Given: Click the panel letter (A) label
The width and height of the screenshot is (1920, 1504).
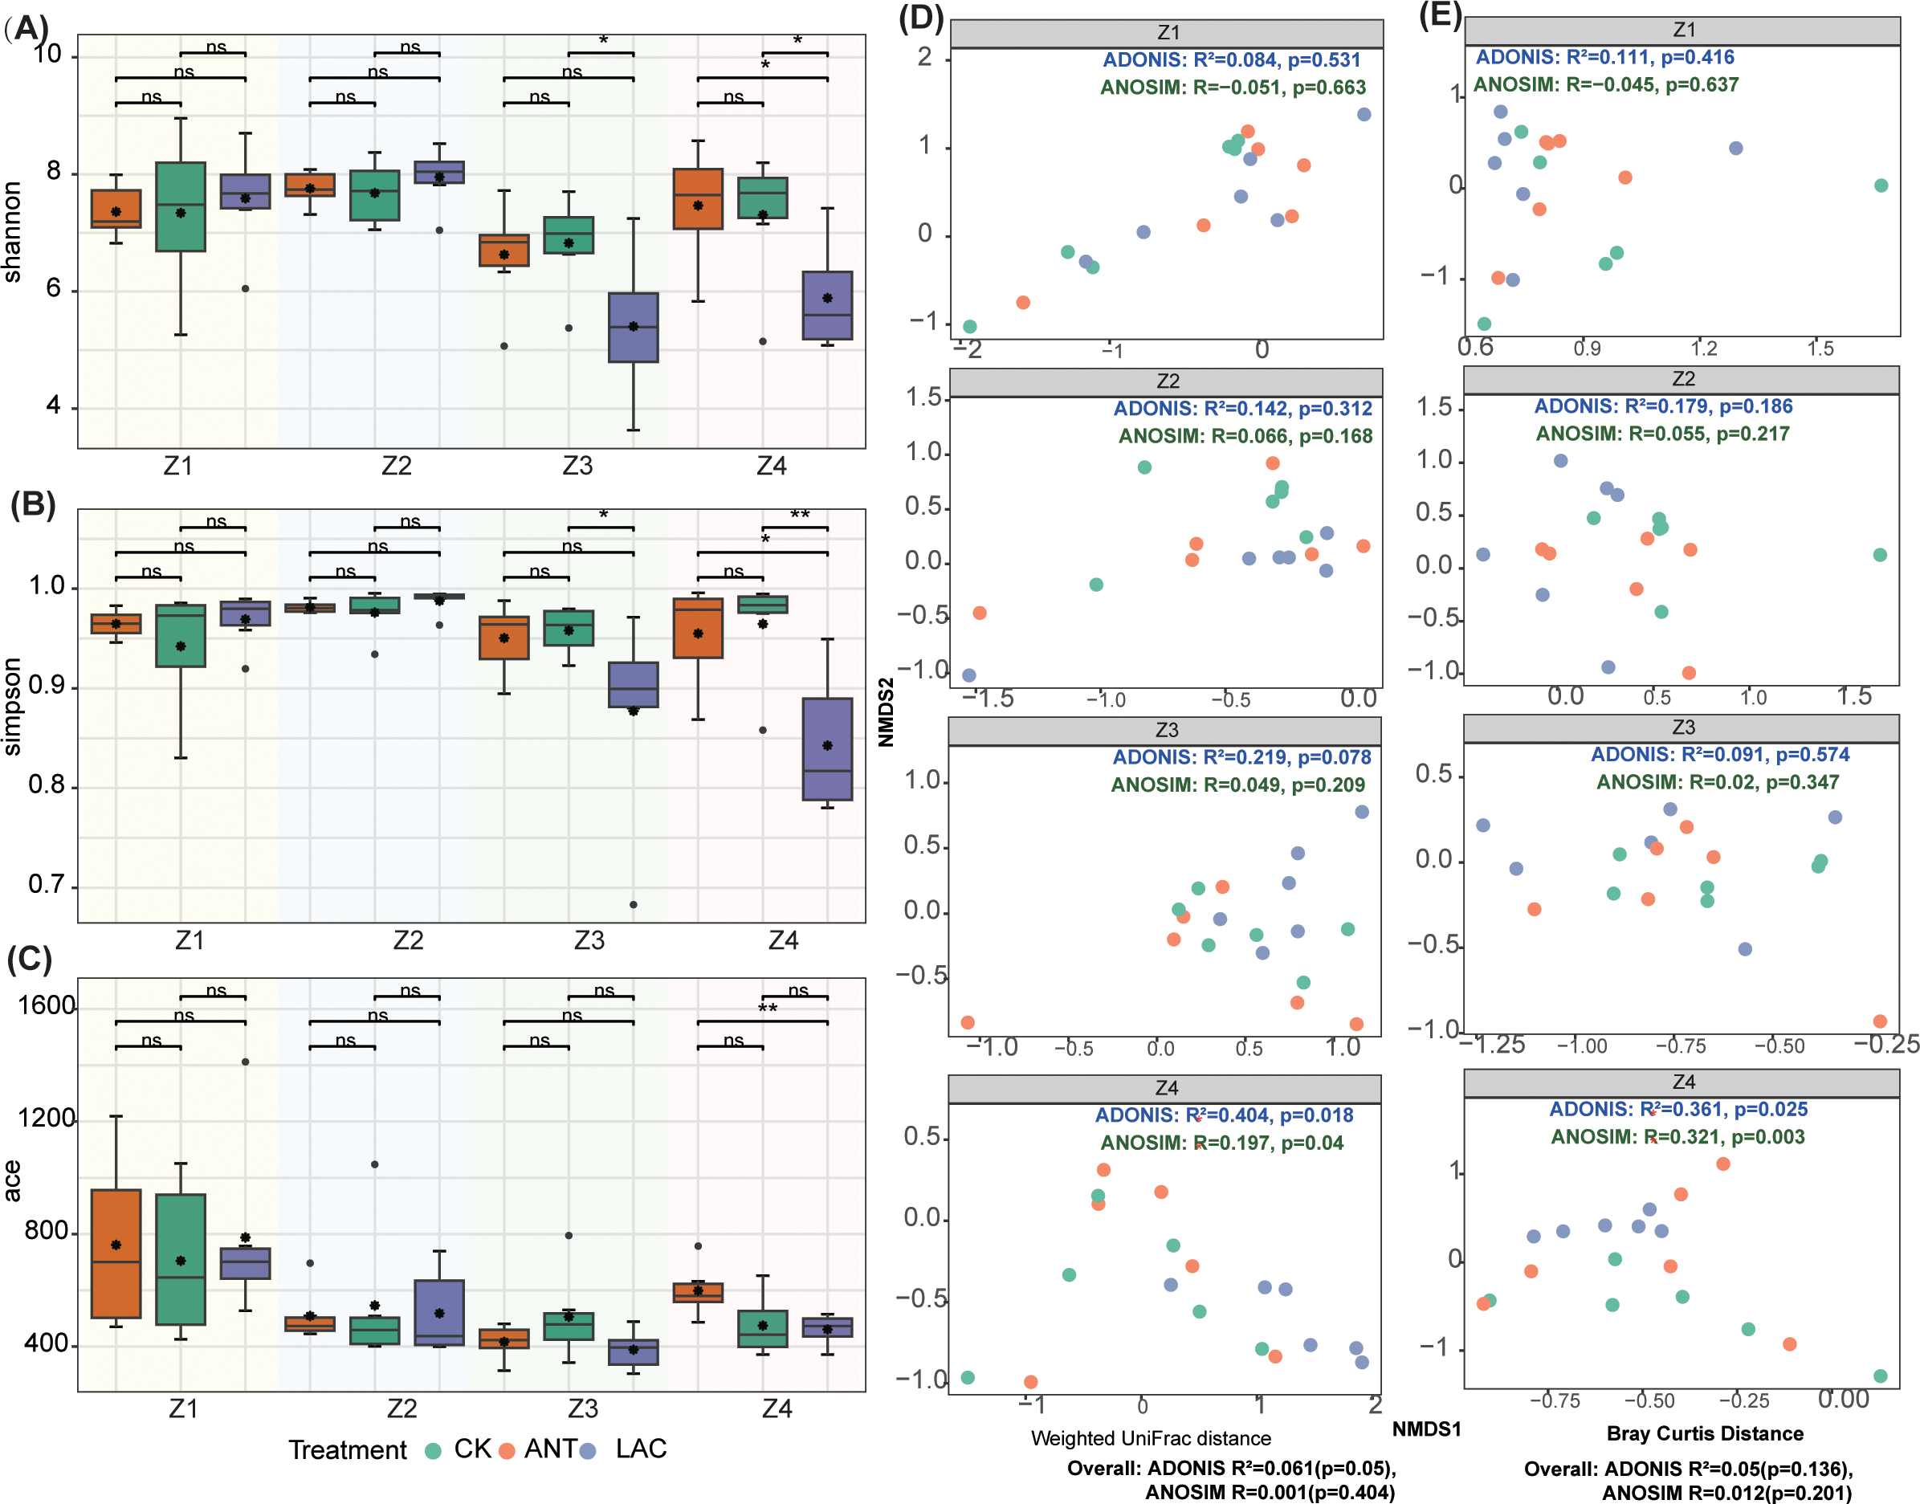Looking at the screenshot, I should (26, 28).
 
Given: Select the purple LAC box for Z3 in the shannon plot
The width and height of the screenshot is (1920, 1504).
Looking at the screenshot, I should (633, 328).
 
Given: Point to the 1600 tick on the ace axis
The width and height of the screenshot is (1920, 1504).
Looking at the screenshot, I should (46, 1005).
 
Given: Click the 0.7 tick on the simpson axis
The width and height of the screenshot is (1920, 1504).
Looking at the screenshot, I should (47, 884).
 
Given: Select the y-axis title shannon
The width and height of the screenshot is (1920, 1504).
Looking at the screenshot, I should (12, 231).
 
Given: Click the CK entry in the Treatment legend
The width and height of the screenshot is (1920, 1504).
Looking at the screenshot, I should (459, 1449).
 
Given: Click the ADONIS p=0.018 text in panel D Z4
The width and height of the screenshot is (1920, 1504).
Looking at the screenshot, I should (1316, 1115).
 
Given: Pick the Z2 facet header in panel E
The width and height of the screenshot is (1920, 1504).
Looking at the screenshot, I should (1682, 379).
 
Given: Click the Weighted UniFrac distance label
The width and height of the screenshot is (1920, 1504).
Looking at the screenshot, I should (1151, 1438).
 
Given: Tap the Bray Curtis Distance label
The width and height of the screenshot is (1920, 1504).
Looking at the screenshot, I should (1704, 1433).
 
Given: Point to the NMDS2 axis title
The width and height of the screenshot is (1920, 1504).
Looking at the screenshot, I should (886, 711).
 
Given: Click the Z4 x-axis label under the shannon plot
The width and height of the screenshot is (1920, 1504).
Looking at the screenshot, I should (771, 466).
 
